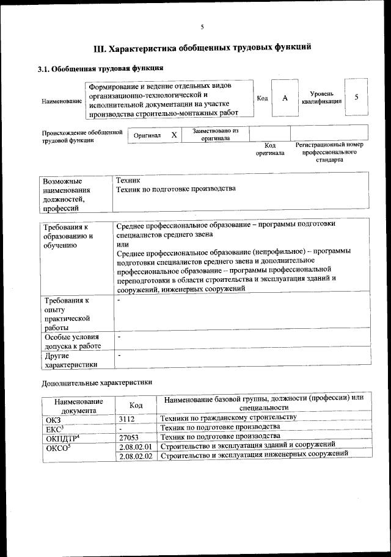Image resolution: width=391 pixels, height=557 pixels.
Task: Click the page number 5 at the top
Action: pyautogui.click(x=201, y=26)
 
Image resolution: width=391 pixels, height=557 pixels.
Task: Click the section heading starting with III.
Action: pyautogui.click(x=202, y=46)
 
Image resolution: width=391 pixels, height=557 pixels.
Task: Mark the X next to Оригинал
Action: pyautogui.click(x=174, y=135)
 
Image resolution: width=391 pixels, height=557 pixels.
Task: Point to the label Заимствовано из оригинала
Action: pyautogui.click(x=216, y=134)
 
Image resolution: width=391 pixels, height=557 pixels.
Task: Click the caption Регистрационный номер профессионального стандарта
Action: pyautogui.click(x=329, y=152)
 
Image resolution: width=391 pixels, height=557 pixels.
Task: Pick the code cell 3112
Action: pyautogui.click(x=127, y=419)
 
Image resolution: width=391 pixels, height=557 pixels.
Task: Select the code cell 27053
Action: pyautogui.click(x=129, y=437)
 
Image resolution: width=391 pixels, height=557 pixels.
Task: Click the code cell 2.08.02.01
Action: pyautogui.click(x=136, y=447)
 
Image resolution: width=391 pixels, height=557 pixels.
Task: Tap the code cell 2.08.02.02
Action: pyautogui.click(x=136, y=457)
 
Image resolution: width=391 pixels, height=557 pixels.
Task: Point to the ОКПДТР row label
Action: pyautogui.click(x=62, y=437)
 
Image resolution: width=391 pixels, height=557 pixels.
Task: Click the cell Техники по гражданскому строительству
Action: pyautogui.click(x=227, y=418)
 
